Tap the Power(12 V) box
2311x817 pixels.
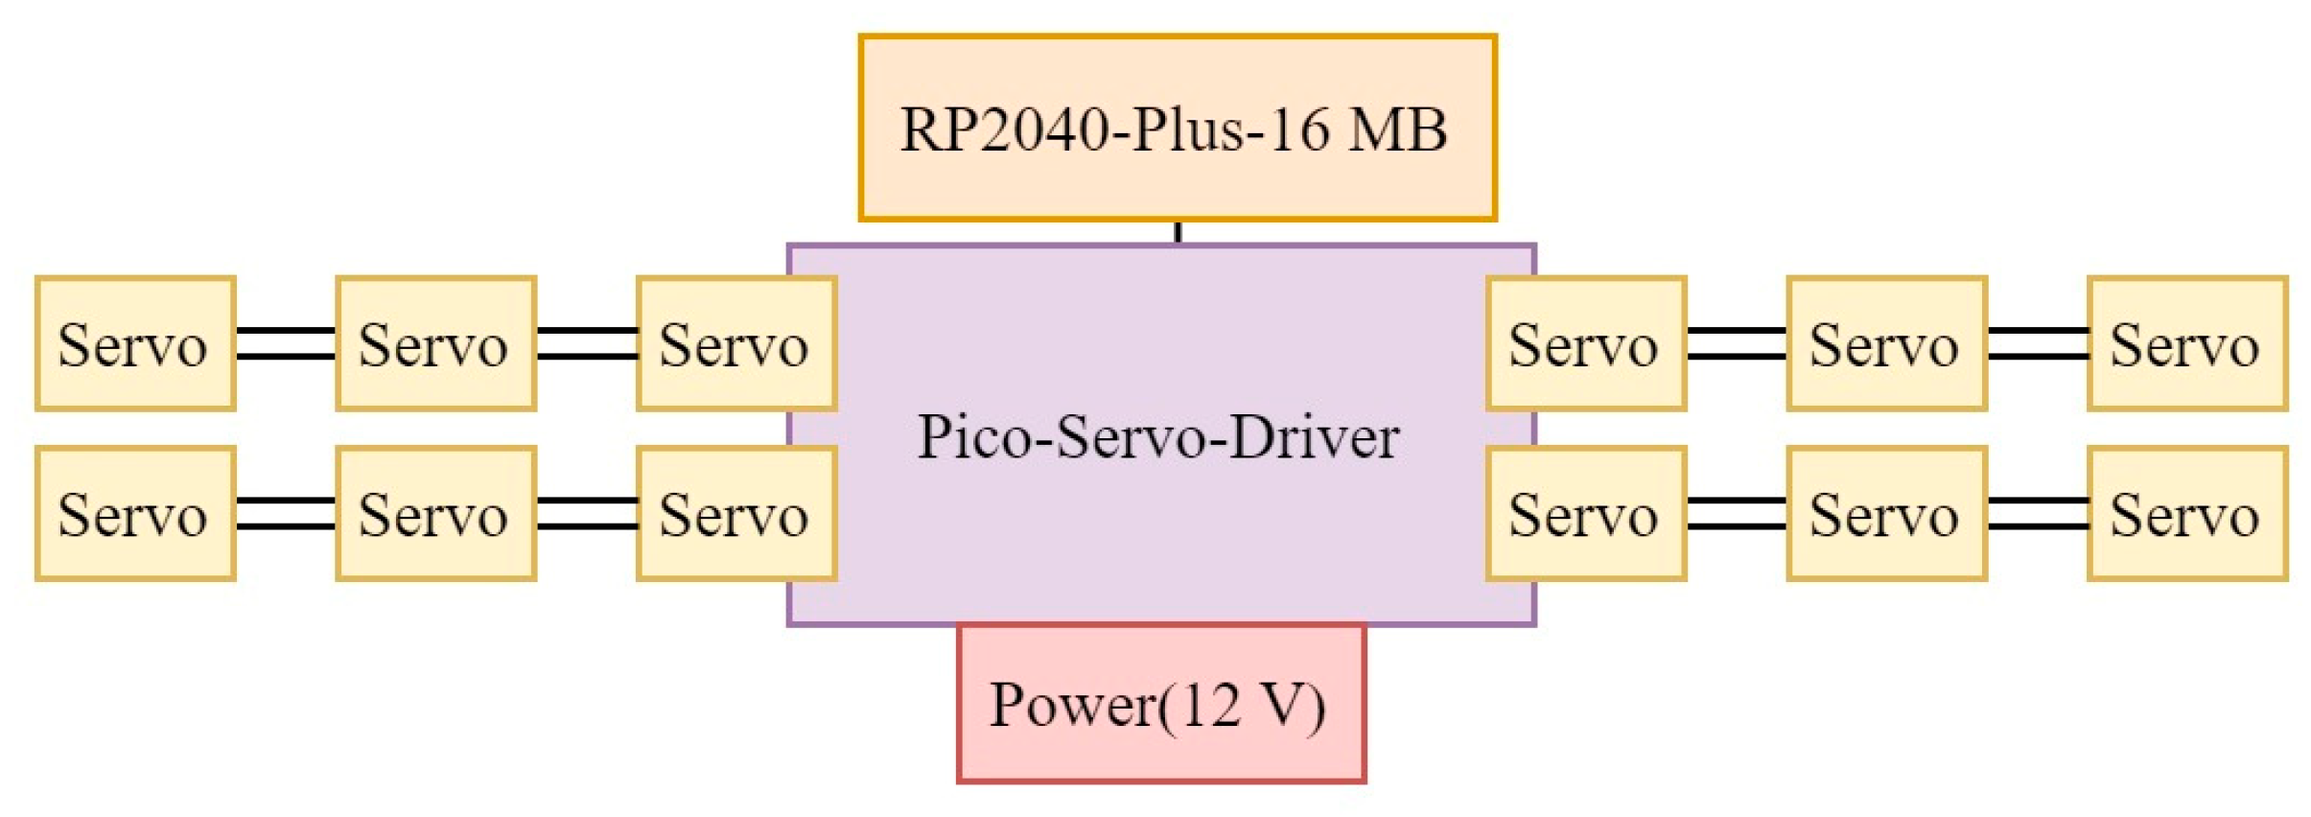[x=1159, y=705]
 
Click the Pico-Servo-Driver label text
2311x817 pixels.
[x=1157, y=438]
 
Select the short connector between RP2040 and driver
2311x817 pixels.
[x=1178, y=232]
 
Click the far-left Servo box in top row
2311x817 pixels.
[x=135, y=344]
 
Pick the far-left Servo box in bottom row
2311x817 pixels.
[x=135, y=514]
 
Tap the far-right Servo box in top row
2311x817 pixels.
[x=2186, y=344]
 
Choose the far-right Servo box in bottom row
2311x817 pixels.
[x=2186, y=514]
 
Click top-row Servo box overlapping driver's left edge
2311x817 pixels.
[x=735, y=344]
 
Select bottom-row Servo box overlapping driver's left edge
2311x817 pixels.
[x=735, y=514]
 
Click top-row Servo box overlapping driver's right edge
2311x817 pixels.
[x=1585, y=344]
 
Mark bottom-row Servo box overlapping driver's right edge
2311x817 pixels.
[x=1585, y=514]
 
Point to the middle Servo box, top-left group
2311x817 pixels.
[x=435, y=344]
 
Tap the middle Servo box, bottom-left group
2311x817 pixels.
[x=435, y=514]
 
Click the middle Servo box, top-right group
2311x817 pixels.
[x=1885, y=344]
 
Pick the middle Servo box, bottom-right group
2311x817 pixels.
[x=1885, y=514]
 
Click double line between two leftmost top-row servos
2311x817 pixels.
[x=286, y=343]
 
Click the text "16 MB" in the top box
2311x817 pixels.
[x=1360, y=129]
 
